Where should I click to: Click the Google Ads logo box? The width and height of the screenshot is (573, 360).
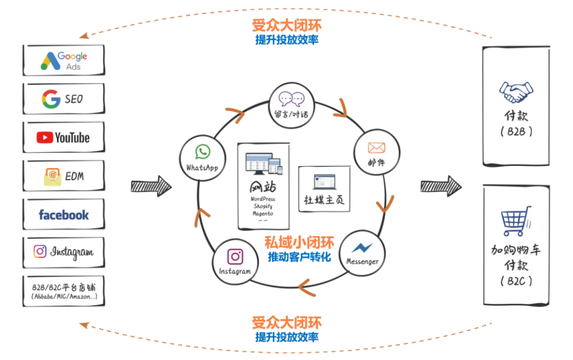[64, 60]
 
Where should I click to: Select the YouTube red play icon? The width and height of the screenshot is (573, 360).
[45, 137]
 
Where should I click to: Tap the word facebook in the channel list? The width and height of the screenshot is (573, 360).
[64, 215]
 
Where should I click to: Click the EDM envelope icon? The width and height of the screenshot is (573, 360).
[53, 176]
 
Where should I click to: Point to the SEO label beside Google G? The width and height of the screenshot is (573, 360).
[74, 99]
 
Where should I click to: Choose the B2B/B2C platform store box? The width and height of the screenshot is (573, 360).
[64, 291]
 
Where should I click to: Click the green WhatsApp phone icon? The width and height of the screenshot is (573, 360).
[202, 152]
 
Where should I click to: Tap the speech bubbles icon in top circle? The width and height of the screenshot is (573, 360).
[291, 98]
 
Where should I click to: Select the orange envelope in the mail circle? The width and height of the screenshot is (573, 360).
[376, 148]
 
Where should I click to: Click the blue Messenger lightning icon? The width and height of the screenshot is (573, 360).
[362, 248]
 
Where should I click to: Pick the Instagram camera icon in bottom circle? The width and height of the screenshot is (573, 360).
[235, 256]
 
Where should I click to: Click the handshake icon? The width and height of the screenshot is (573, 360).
[516, 92]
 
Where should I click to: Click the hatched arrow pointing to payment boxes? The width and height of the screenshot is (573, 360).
[441, 186]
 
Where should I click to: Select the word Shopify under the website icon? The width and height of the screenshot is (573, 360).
[263, 206]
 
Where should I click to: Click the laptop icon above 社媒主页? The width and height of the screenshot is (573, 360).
[325, 181]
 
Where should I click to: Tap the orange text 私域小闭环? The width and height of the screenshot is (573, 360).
[299, 243]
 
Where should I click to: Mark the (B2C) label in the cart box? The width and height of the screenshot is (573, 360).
[516, 281]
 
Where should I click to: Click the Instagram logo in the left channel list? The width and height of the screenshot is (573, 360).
[40, 251]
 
